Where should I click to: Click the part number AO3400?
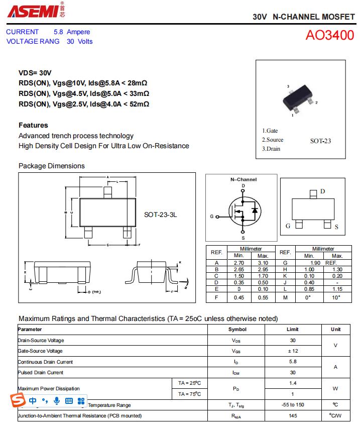(330, 36)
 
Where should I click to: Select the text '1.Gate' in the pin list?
(270, 131)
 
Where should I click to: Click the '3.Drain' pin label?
(271, 149)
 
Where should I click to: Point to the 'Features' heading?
(33, 125)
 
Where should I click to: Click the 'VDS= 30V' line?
(35, 73)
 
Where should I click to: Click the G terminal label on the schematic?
(212, 217)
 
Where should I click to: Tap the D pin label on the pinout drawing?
(323, 191)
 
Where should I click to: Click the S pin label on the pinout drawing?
(336, 227)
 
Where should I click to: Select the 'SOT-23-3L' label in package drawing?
(161, 214)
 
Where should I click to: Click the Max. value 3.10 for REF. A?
(263, 263)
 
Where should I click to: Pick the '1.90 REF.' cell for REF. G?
(323, 263)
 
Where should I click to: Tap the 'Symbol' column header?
(237, 330)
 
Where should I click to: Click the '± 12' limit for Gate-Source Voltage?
(293, 351)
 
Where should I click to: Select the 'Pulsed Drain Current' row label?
(41, 373)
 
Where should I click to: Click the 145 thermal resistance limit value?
(293, 416)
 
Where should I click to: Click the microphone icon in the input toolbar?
(57, 400)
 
